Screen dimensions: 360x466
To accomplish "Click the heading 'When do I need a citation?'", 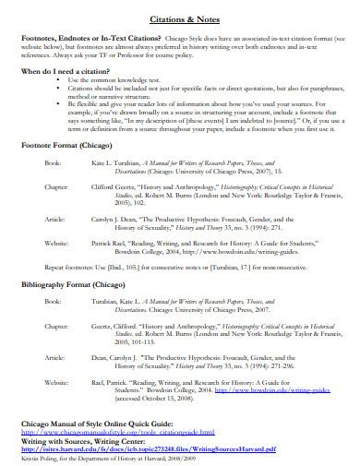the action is [x=71, y=70].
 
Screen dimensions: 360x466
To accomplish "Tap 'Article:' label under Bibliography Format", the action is [x=55, y=355].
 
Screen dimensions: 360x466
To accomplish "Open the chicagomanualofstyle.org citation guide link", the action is [x=117, y=431].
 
